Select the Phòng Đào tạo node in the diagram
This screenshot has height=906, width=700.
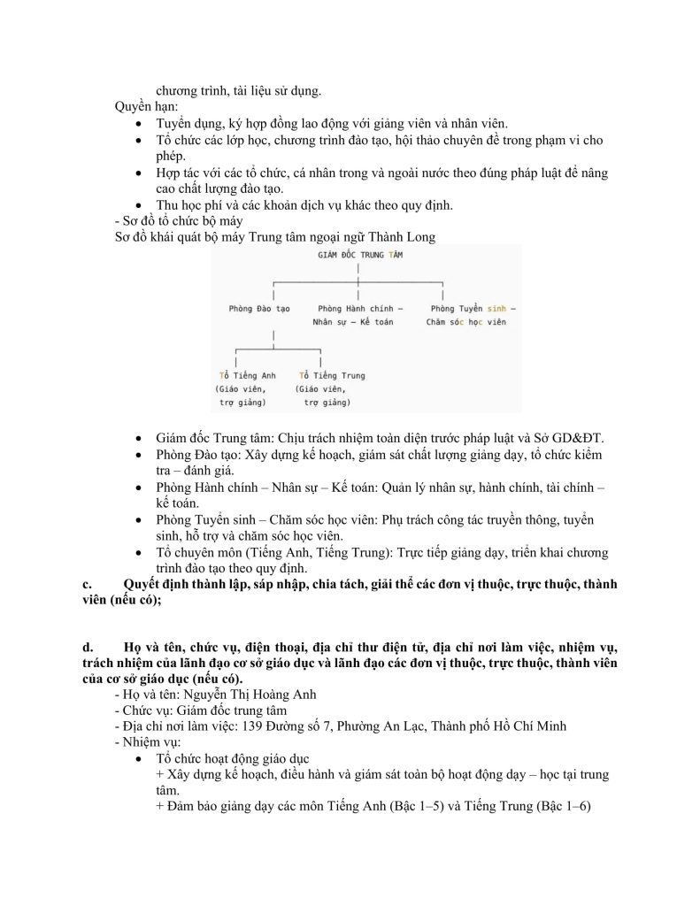[x=259, y=308]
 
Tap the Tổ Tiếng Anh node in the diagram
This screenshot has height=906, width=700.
[x=247, y=375]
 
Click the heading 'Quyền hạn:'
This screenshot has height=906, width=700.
[x=146, y=106]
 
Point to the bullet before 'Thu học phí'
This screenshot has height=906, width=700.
[x=140, y=206]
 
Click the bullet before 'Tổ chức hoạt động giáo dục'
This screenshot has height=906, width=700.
[x=140, y=759]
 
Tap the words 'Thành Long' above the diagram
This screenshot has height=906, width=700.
[x=403, y=238]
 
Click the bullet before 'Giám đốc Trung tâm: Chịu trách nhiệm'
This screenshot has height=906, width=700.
[x=140, y=439]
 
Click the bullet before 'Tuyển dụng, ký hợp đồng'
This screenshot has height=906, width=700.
[x=140, y=123]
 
